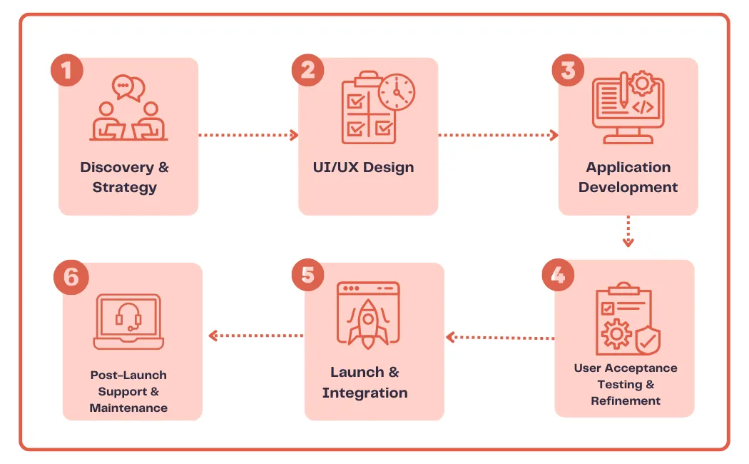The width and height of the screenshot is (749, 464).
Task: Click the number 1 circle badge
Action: (x=67, y=71)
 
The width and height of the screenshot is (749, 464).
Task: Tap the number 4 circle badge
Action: (x=558, y=276)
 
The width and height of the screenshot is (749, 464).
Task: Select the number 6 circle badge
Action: (x=71, y=276)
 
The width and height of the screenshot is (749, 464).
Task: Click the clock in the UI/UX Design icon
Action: (x=397, y=92)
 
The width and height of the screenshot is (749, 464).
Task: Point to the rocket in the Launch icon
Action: (x=368, y=321)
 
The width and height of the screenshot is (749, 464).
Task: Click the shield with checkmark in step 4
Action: (x=648, y=341)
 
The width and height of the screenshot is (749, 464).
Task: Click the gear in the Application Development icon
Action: (x=642, y=83)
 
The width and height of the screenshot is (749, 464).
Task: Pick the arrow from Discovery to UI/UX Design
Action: (x=248, y=134)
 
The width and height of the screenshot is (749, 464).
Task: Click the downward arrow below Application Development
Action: (x=628, y=231)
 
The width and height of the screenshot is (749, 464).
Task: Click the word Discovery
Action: (x=116, y=168)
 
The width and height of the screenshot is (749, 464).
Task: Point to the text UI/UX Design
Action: (x=363, y=168)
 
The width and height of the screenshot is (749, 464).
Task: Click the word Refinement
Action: (x=626, y=401)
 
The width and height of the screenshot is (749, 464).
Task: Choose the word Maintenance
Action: (x=128, y=408)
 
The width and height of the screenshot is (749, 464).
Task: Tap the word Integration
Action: (x=365, y=393)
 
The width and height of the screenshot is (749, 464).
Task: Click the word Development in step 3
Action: (x=628, y=188)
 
